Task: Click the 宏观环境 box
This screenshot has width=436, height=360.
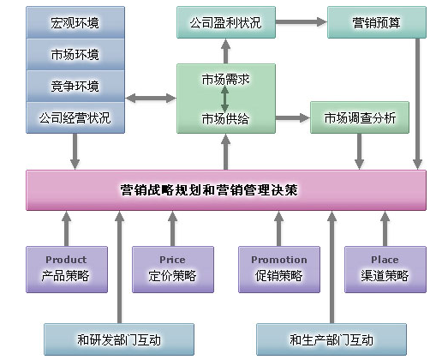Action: pos(75,22)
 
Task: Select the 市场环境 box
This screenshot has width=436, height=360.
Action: pos(75,54)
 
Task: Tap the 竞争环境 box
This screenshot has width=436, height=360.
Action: pos(75,86)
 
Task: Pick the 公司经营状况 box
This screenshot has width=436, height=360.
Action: pos(75,117)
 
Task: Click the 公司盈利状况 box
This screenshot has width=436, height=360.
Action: pos(226,22)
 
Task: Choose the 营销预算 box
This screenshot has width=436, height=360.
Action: pos(377,22)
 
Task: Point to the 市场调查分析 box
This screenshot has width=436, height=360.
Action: pos(360,117)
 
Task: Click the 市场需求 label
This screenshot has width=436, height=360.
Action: pos(225,80)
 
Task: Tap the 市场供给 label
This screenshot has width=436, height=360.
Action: pos(225,118)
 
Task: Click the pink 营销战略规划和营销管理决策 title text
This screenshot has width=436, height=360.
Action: pos(209,190)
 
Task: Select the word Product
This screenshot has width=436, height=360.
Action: pos(66,260)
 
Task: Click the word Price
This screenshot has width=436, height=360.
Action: pos(172,260)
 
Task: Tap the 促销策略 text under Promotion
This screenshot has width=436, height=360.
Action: pos(279,276)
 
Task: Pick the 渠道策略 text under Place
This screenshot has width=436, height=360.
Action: pos(385,276)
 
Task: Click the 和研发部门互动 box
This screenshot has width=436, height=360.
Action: pos(119,339)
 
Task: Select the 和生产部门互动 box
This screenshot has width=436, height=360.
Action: pos(331,339)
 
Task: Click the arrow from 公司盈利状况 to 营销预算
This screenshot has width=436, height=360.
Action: pos(302,22)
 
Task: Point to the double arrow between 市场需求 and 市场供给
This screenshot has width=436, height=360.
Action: pos(224,99)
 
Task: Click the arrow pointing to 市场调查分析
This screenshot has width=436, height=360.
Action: pos(293,117)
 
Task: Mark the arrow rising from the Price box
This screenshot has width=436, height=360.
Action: pos(172,229)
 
